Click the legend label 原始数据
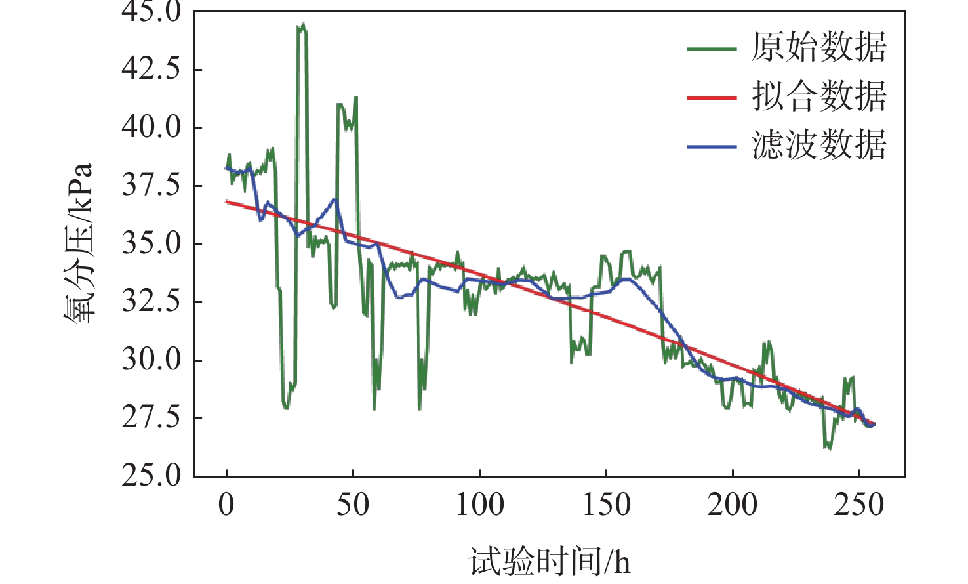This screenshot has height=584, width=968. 818,48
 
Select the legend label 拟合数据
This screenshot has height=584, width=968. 818,96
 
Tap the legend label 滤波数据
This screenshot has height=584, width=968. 818,145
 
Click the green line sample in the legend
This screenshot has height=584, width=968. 712,49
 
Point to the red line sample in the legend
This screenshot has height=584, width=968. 712,97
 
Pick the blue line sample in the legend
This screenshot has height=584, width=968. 712,146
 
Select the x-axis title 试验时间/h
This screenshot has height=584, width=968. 549,562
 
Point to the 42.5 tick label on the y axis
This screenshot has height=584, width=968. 151,68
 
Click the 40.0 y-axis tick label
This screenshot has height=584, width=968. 151,127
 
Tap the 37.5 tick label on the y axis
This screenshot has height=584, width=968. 151,185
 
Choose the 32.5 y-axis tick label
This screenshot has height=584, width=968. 151,302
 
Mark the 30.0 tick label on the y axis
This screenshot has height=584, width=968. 151,360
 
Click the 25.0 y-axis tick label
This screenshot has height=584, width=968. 151,475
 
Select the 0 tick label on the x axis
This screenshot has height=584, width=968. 226,505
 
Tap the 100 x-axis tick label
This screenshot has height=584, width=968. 479,505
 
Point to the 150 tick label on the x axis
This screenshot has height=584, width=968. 606,505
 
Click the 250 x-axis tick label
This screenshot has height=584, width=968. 859,505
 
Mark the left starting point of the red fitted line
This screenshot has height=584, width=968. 227,201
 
